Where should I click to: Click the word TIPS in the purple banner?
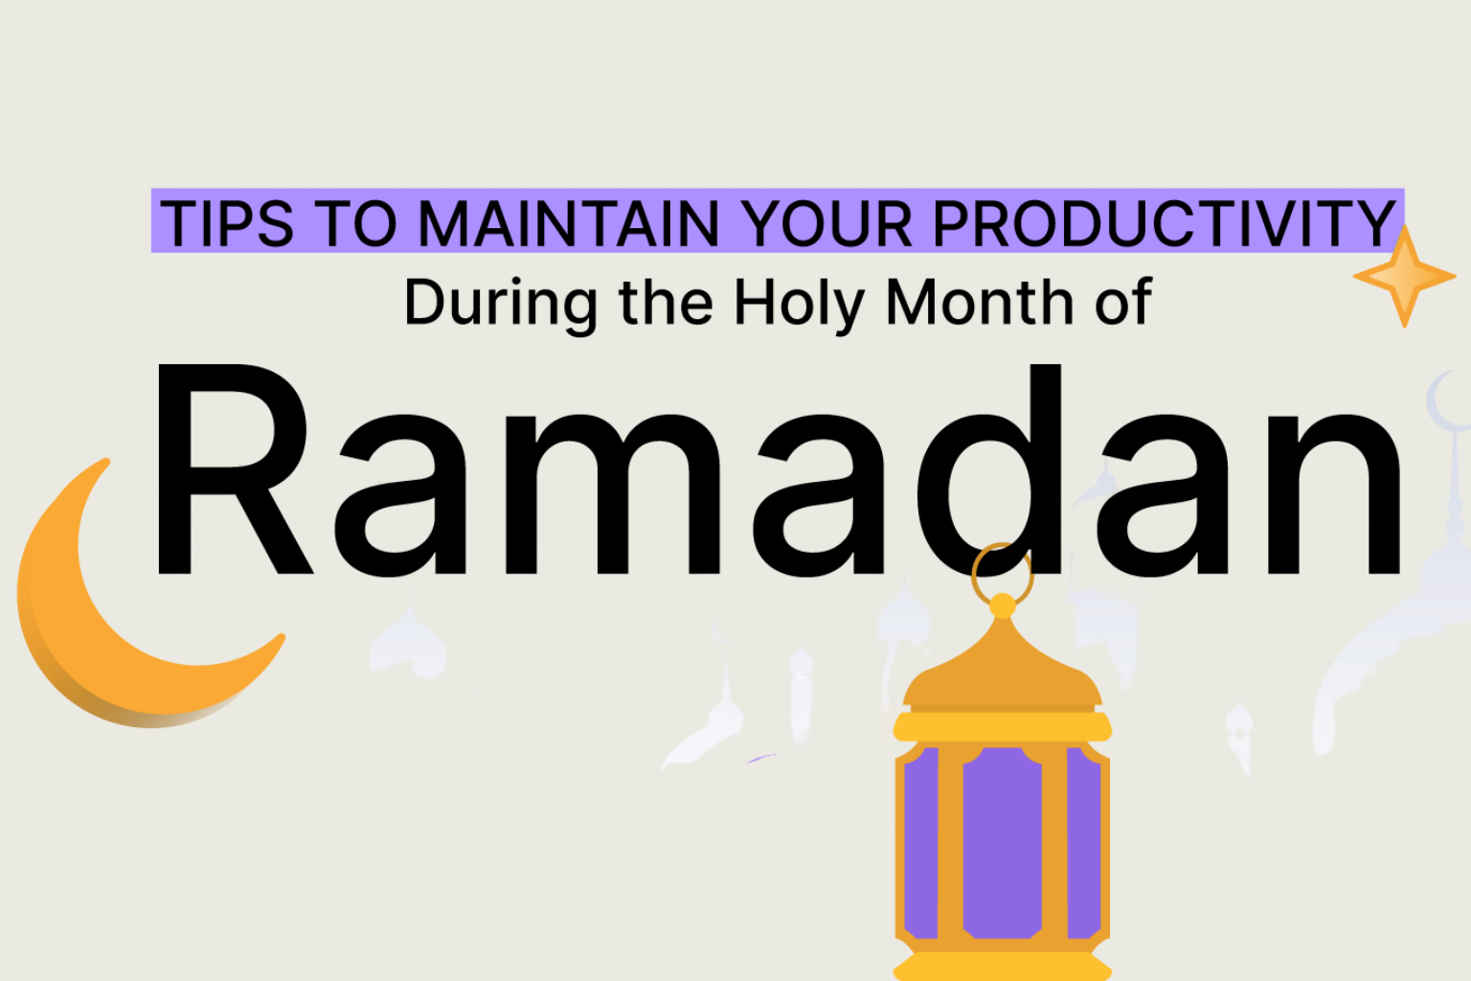tap(227, 223)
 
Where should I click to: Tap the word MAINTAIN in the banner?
tap(569, 223)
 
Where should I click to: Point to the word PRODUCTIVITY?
tap(1164, 223)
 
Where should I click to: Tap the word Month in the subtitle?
tap(980, 302)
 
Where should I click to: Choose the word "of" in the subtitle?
tap(1124, 302)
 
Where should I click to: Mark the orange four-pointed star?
tap(1404, 276)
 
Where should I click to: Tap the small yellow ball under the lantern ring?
tap(1002, 605)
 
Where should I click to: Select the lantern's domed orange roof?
tap(1002, 671)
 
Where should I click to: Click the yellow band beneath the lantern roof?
tap(1002, 727)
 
